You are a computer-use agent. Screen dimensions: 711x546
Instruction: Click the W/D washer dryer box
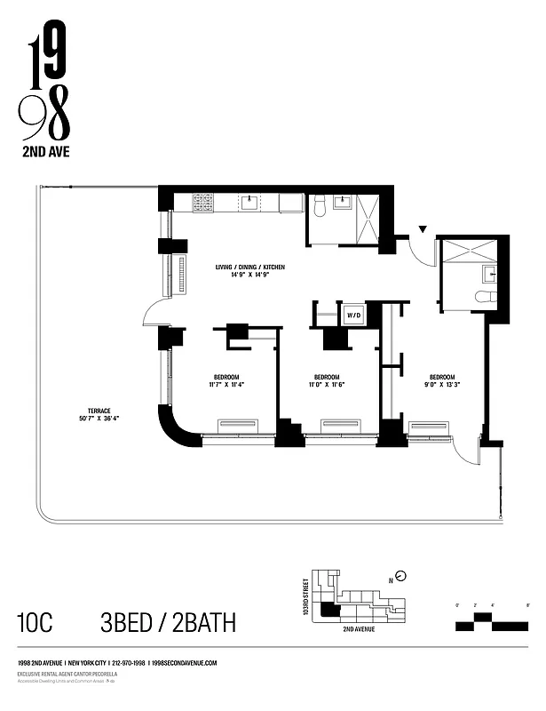click(353, 315)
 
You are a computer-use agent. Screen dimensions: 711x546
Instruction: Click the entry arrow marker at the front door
click(423, 230)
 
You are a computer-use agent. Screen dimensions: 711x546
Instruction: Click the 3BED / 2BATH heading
click(169, 622)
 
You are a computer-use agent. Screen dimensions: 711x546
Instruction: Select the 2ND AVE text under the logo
click(44, 152)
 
